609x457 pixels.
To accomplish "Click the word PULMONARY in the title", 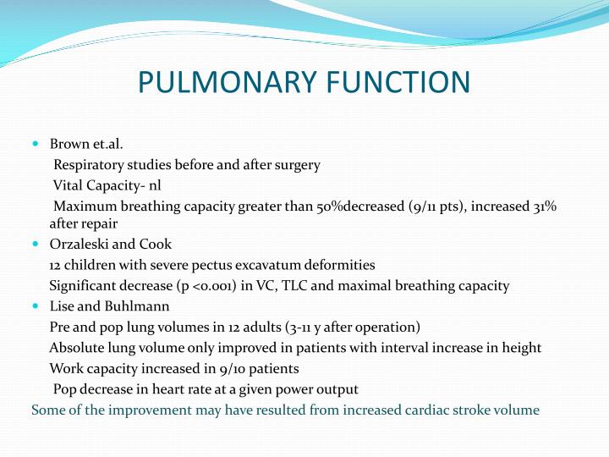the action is (x=227, y=82).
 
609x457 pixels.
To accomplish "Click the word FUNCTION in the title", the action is (x=398, y=82).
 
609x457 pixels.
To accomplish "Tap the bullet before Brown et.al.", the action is (x=36, y=144).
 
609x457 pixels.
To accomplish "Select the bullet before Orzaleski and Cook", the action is (x=36, y=244).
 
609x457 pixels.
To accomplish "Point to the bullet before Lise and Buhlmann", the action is (x=36, y=306).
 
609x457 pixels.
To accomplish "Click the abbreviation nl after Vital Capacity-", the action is (x=155, y=185).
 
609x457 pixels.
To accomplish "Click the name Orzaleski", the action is (x=79, y=244).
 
